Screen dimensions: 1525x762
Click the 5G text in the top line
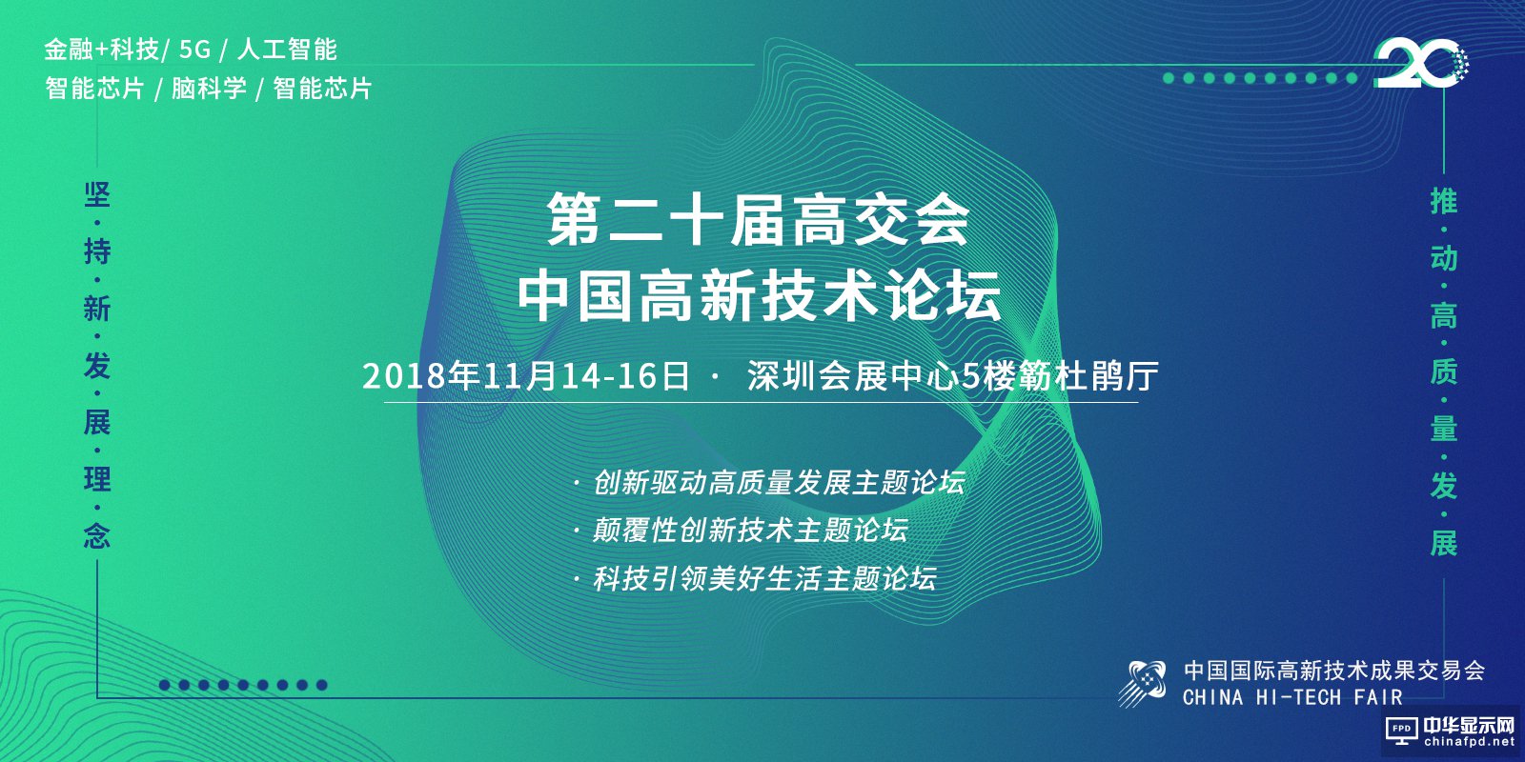point(194,50)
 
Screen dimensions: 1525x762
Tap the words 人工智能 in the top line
point(287,50)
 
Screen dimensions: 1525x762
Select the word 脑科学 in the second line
point(209,89)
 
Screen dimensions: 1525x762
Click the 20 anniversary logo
point(1420,63)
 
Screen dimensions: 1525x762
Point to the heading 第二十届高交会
point(758,219)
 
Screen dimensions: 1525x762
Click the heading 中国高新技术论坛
point(759,295)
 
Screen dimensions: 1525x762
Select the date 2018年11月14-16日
point(526,376)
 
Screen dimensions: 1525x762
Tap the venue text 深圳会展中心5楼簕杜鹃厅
point(952,376)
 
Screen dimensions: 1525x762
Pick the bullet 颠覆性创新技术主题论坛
point(750,530)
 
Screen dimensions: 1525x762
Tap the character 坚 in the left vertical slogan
point(97,195)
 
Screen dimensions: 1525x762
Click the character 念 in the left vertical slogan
point(97,536)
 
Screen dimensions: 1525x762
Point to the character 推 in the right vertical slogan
point(1443,201)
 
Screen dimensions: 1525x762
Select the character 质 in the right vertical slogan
point(1443,372)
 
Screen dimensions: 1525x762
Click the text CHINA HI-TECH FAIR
point(1292,697)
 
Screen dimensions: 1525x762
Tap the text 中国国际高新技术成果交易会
point(1334,671)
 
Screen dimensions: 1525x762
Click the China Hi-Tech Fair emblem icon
point(1145,683)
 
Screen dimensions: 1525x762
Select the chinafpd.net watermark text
point(1469,742)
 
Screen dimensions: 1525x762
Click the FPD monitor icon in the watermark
point(1402,732)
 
